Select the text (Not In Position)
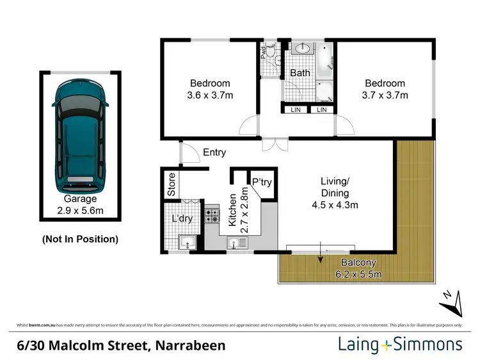80,239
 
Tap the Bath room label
300,73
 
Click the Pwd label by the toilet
264,52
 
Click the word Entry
214,152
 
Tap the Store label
172,184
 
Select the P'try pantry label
261,183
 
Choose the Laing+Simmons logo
400,345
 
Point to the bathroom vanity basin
300,49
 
